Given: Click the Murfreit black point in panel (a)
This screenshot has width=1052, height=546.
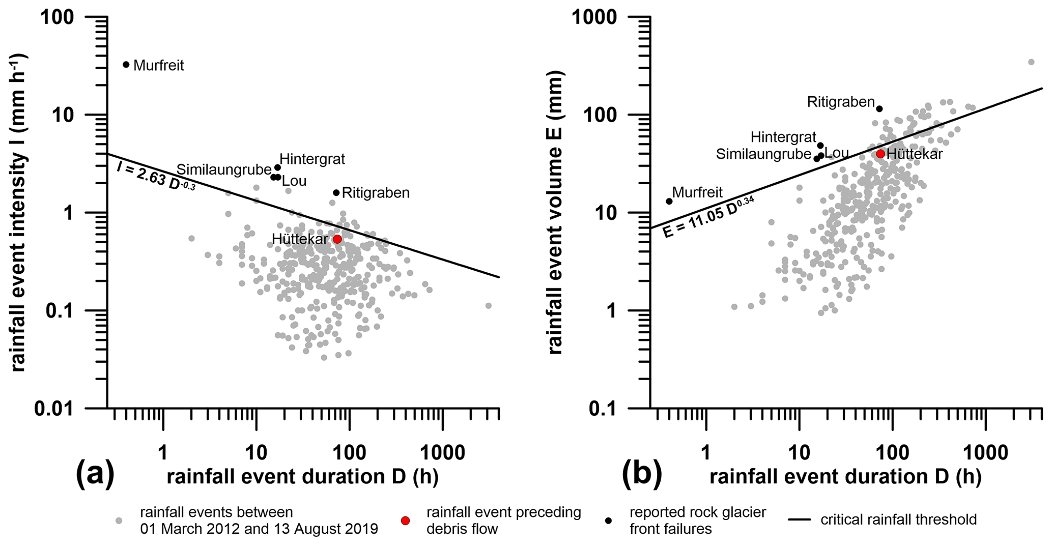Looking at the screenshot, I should pyautogui.click(x=126, y=65).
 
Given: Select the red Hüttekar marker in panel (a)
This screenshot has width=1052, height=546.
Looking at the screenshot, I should pyautogui.click(x=337, y=239).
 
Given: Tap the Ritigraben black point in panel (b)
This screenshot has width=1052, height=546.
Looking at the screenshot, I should pyautogui.click(x=879, y=108).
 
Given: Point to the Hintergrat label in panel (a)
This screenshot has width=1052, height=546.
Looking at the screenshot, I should pyautogui.click(x=312, y=159).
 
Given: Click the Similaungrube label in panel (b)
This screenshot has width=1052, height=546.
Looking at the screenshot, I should pyautogui.click(x=763, y=154).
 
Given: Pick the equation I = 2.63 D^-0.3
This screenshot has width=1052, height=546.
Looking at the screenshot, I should pyautogui.click(x=156, y=178).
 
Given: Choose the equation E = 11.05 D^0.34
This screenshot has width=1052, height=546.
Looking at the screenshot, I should pyautogui.click(x=708, y=217).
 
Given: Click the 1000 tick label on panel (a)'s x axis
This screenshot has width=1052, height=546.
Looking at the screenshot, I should pyautogui.click(x=442, y=452).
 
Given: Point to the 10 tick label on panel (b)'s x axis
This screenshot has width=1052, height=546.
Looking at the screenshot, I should pyautogui.click(x=799, y=452).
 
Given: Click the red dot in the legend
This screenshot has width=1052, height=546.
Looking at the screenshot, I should pyautogui.click(x=405, y=521).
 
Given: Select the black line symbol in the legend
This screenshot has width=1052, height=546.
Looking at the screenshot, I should pyautogui.click(x=800, y=520).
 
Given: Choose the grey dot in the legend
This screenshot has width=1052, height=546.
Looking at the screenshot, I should pyautogui.click(x=119, y=521).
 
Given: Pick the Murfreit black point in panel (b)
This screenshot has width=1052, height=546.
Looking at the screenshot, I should pyautogui.click(x=669, y=201).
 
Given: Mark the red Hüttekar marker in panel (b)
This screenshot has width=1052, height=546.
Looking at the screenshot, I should pyautogui.click(x=880, y=154).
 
